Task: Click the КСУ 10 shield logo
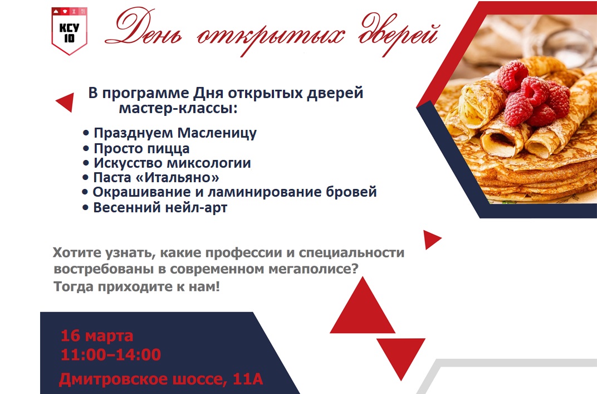pos(69,31)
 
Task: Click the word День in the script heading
pos(144,28)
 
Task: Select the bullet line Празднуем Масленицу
pos(170,133)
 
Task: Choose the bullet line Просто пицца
pos(136,148)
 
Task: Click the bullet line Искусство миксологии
pos(167,163)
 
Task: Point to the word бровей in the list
pos(351,192)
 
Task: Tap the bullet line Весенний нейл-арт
pos(155,208)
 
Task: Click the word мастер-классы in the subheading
pos(178,109)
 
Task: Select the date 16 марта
pos(97,335)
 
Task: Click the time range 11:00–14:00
pos(111,355)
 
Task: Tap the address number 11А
pos(248,379)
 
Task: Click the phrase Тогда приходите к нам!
pos(136,286)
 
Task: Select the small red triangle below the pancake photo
pos(431,239)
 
